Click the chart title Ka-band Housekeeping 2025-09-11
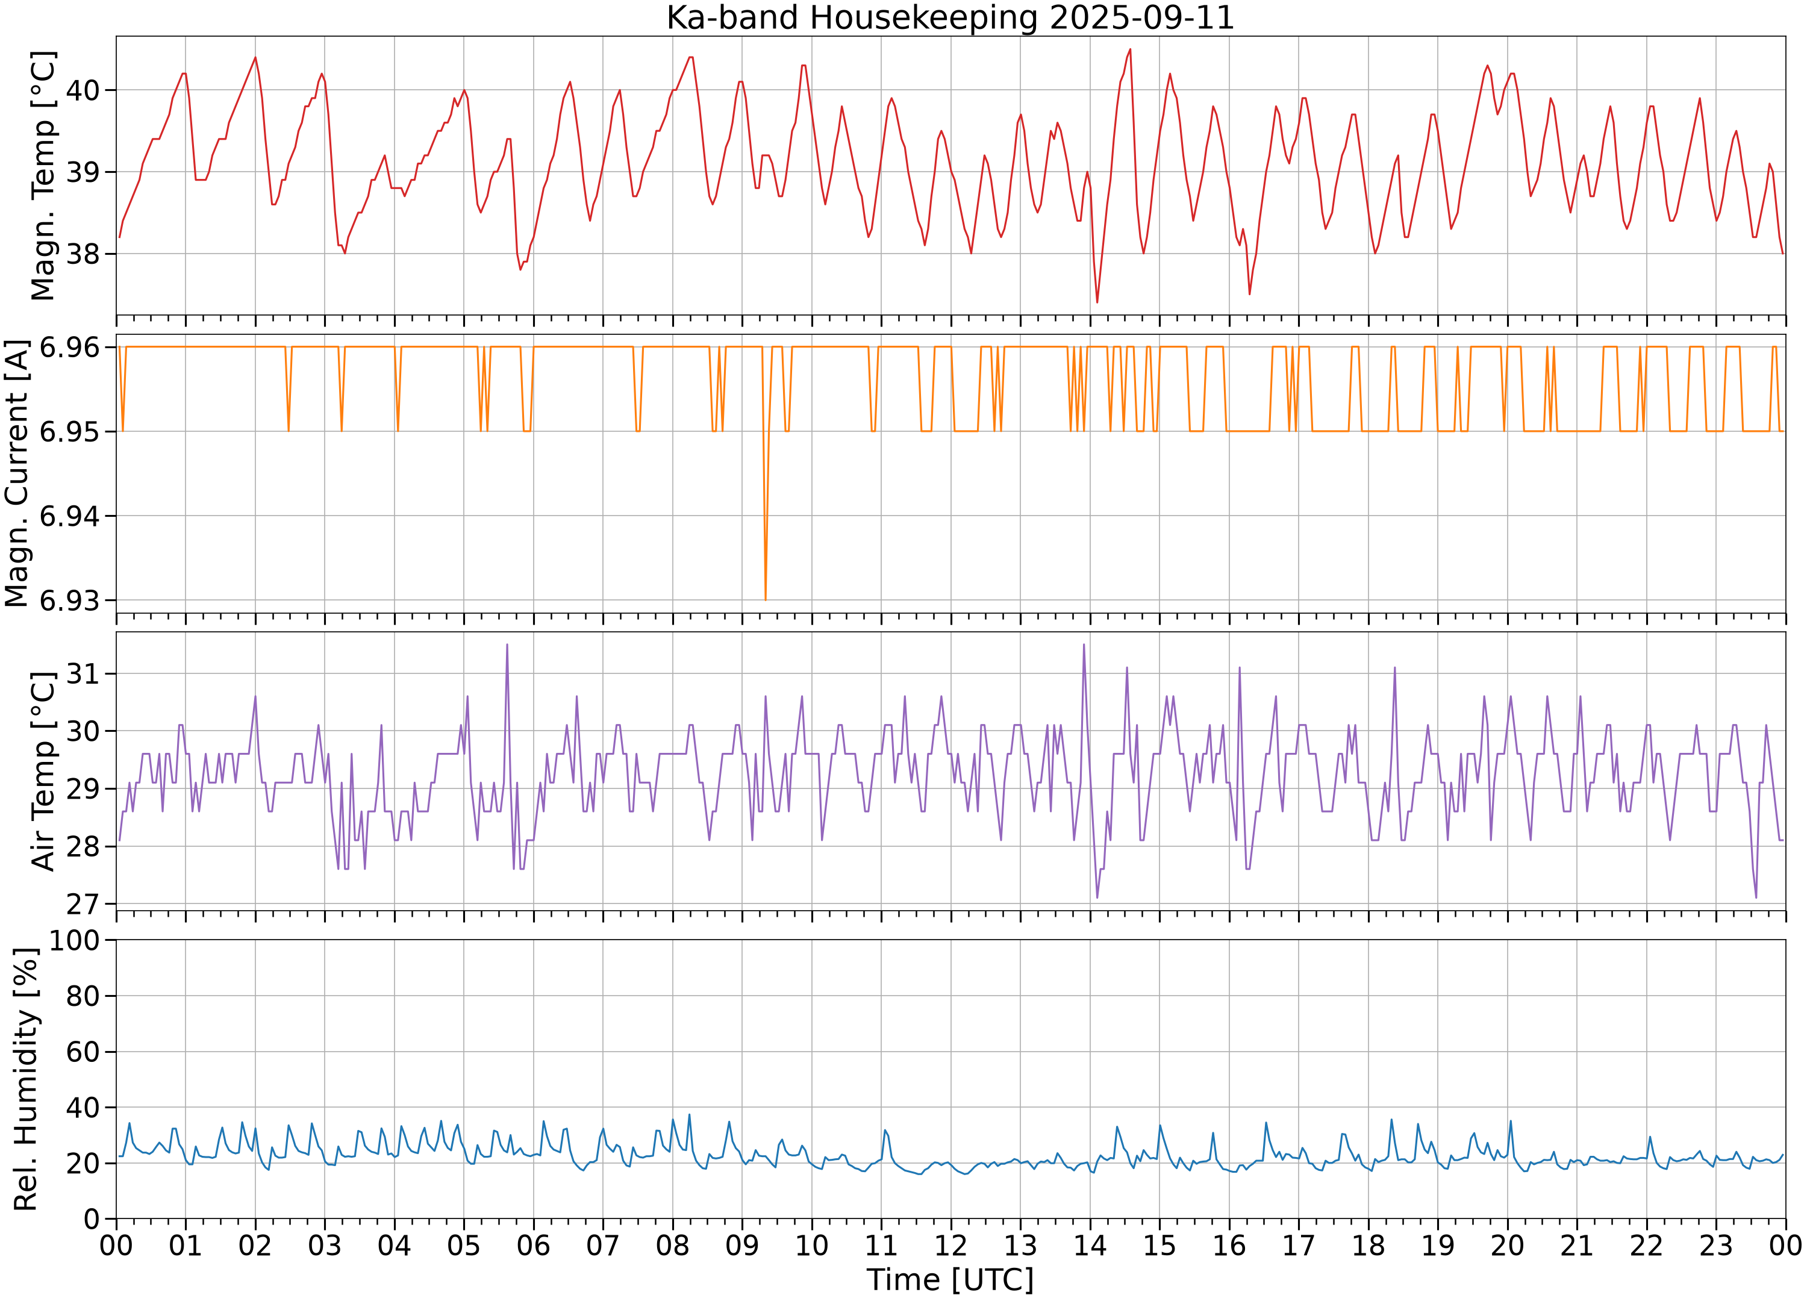point(950,17)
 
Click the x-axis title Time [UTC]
point(950,1279)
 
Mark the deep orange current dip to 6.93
point(765,599)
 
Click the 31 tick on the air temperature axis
point(86,674)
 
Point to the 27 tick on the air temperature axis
point(86,903)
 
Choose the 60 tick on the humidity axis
point(86,1052)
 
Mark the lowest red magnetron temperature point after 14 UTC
point(1097,302)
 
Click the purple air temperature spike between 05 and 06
point(507,645)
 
